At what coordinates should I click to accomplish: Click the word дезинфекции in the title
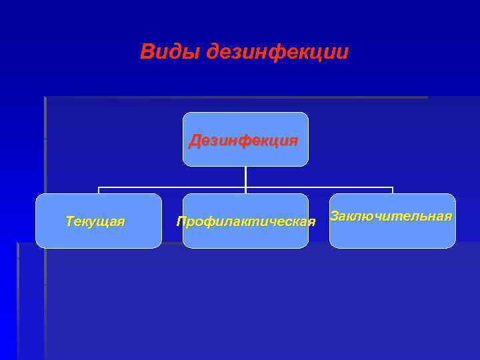[277, 51]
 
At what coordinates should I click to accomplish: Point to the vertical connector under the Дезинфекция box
[245, 176]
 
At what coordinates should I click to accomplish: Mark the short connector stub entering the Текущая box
[99, 190]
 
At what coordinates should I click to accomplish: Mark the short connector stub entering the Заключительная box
[393, 190]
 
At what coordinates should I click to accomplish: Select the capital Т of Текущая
[70, 221]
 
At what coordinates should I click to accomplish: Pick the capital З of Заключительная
[335, 216]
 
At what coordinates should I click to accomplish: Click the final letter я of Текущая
[121, 222]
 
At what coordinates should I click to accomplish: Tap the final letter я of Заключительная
[448, 217]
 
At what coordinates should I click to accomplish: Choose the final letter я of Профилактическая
[311, 222]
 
